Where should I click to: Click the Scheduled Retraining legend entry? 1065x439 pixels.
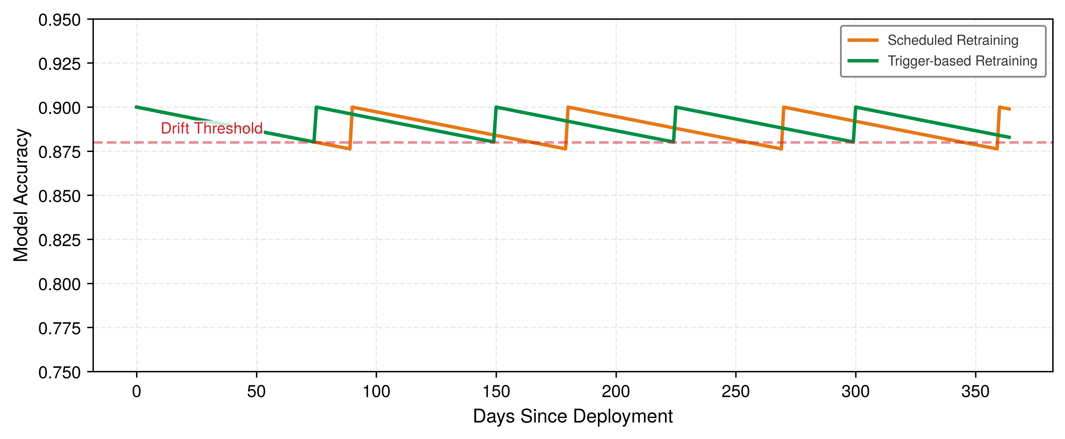coord(933,40)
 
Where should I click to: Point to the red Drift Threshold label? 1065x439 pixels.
coord(212,128)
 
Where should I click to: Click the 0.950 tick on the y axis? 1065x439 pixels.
coord(59,20)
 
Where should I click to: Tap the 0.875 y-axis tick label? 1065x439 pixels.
coord(59,152)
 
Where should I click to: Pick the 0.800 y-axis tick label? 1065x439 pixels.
coord(59,284)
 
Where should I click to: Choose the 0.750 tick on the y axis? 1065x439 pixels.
coord(59,372)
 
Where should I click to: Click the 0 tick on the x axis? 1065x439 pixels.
coord(136,391)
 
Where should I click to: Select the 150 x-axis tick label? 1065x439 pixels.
coord(496,391)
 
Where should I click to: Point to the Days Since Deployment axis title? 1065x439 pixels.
coord(573,416)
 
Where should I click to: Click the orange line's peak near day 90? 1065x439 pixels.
coord(352,107)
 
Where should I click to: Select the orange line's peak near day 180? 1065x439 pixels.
coord(568,107)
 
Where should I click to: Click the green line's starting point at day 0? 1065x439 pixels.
coord(136,107)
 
